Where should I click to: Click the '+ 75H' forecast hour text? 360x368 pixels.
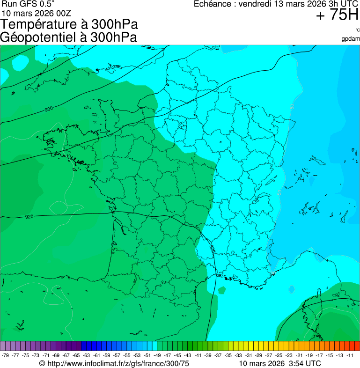[x=337, y=15]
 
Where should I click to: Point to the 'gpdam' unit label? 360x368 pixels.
[x=351, y=38]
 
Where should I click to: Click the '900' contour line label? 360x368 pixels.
[x=49, y=109]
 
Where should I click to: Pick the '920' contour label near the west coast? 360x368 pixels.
[x=29, y=217]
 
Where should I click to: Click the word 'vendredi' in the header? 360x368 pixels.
[x=256, y=4]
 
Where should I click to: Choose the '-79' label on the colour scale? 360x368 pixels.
[x=6, y=355]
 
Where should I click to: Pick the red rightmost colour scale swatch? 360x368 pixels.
[x=357, y=346]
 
